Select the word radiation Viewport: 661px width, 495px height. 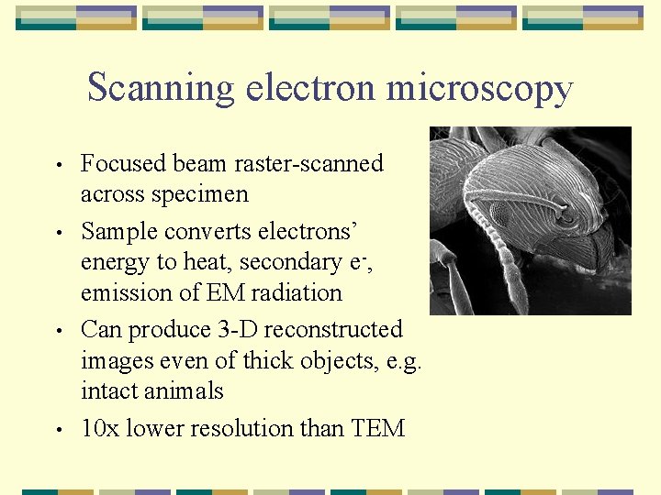296,293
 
